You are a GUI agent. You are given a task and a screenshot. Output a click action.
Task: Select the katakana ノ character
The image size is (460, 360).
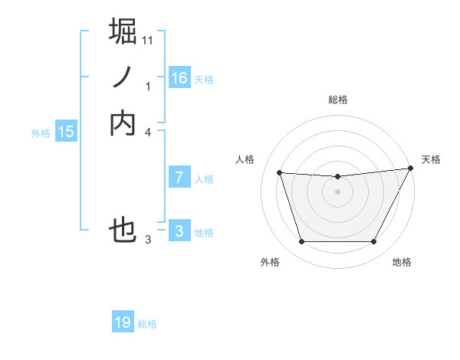pyautogui.click(x=123, y=77)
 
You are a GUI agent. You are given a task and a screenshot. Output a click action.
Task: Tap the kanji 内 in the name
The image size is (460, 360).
pyautogui.click(x=123, y=123)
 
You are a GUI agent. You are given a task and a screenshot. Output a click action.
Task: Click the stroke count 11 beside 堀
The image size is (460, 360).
pyautogui.click(x=148, y=40)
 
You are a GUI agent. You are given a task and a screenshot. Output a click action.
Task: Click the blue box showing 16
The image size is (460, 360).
pyautogui.click(x=179, y=78)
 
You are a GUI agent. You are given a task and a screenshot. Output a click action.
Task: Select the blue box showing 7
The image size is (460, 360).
pyautogui.click(x=179, y=178)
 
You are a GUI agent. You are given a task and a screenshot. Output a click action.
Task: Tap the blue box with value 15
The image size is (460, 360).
pyautogui.click(x=66, y=132)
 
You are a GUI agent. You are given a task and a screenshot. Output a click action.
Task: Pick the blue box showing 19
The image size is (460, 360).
pyautogui.click(x=123, y=322)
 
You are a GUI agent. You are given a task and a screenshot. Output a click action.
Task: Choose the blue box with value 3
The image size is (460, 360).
pyautogui.click(x=179, y=231)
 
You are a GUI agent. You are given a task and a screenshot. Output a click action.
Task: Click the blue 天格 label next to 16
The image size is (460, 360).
pyautogui.click(x=204, y=80)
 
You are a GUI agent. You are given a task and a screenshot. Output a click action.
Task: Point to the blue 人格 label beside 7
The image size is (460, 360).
pyautogui.click(x=204, y=179)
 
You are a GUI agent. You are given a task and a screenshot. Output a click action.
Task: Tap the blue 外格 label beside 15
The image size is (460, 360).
pyautogui.click(x=41, y=133)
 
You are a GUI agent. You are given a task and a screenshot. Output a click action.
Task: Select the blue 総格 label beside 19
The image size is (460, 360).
pyautogui.click(x=147, y=324)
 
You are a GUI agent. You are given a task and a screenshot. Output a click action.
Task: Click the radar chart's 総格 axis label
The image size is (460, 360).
pyautogui.click(x=338, y=100)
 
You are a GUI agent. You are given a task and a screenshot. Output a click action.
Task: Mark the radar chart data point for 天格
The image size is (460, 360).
pyautogui.click(x=412, y=169)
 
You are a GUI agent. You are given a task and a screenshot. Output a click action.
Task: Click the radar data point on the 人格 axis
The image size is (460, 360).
pyautogui.click(x=280, y=173)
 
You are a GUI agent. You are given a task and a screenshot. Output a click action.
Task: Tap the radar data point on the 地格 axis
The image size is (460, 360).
pyautogui.click(x=374, y=242)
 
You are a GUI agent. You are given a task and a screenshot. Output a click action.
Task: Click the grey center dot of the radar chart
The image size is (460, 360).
pyautogui.click(x=338, y=192)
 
